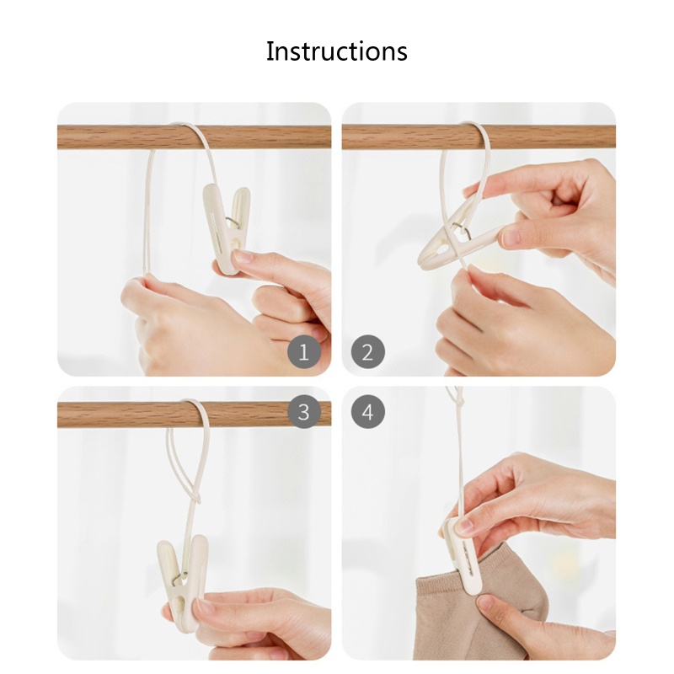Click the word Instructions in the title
(x=336, y=51)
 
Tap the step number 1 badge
(x=304, y=351)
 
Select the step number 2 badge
(x=367, y=351)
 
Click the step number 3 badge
(x=304, y=412)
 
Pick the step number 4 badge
(x=367, y=412)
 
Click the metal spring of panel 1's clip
(x=231, y=222)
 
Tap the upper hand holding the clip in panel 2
(x=556, y=211)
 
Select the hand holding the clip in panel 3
(x=261, y=619)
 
